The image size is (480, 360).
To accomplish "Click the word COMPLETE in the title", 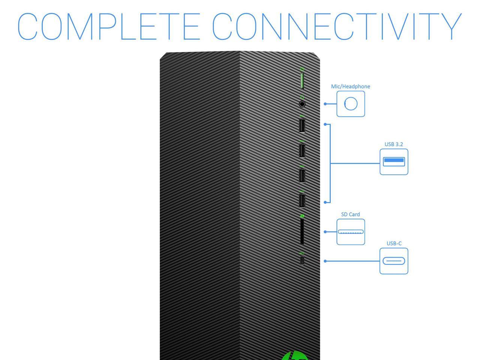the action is click(109, 27).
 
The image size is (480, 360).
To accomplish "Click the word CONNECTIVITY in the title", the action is click(337, 27).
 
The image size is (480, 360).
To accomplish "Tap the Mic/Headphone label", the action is click(350, 87).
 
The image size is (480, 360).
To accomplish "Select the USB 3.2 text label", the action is click(394, 144).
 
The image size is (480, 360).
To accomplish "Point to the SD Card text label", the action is click(350, 214).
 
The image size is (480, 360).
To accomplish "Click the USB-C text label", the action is click(394, 243).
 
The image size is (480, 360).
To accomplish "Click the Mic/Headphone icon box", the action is click(351, 104).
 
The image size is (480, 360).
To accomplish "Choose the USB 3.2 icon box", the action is click(394, 162).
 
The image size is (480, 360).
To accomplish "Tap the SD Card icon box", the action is click(351, 232).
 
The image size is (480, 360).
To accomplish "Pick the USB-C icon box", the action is click(394, 261).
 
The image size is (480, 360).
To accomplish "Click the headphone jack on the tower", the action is click(302, 104).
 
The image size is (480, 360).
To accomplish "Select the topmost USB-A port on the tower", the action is click(302, 126).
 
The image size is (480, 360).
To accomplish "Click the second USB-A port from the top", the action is click(302, 151).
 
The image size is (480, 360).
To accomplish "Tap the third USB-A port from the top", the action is click(302, 176).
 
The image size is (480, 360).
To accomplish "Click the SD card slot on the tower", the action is click(302, 232).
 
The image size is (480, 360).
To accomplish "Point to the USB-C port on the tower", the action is click(302, 260).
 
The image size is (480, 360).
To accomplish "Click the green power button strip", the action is click(302, 81).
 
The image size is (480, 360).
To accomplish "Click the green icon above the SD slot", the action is click(302, 216).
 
